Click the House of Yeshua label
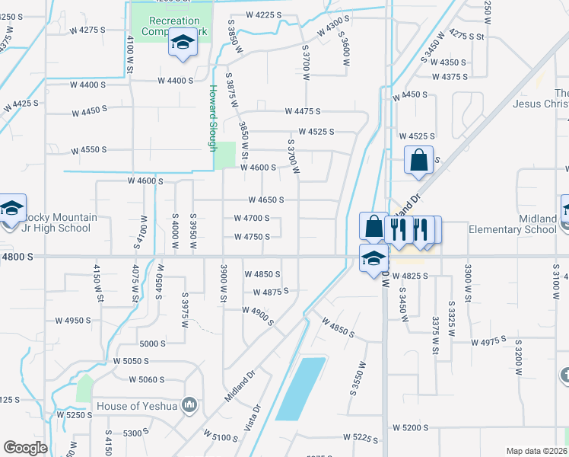click(x=136, y=406)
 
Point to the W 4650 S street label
click(x=265, y=200)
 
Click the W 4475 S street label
click(x=303, y=112)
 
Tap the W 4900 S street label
click(x=258, y=312)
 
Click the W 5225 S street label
click(x=361, y=438)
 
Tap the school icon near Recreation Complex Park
click(x=183, y=43)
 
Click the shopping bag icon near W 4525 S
click(x=418, y=161)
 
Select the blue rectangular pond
click(x=300, y=388)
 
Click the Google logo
click(x=25, y=448)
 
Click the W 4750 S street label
click(x=252, y=237)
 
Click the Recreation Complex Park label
click(x=174, y=27)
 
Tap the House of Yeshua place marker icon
click(x=190, y=404)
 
